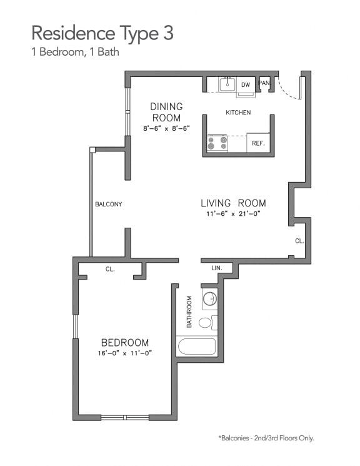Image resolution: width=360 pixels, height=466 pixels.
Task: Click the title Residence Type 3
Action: point(102,32)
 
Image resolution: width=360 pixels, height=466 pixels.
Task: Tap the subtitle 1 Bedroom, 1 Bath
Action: point(75,53)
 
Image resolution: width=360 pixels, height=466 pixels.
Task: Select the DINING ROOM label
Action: point(166,112)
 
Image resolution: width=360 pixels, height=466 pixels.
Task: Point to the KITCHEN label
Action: point(238,113)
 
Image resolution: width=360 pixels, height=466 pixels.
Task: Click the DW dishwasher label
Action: point(246,84)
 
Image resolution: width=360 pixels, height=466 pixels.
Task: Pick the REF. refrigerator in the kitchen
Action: point(258,143)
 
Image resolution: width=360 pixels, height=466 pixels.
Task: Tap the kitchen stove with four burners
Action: point(217,143)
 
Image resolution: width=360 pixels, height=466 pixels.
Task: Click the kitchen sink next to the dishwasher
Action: point(227,84)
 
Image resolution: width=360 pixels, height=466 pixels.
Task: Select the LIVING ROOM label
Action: point(233,203)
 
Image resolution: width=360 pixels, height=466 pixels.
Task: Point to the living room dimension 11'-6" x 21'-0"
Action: point(233,214)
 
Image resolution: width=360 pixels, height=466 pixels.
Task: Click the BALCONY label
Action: point(108,205)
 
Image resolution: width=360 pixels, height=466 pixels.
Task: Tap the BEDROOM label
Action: point(125,342)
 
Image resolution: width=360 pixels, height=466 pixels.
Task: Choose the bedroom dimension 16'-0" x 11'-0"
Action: point(125,353)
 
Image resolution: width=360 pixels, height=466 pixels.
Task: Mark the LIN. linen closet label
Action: point(217,268)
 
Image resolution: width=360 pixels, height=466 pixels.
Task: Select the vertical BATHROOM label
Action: point(189,312)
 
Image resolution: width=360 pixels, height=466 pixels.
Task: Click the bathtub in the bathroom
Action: point(196,346)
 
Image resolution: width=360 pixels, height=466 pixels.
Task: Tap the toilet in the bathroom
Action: point(206,323)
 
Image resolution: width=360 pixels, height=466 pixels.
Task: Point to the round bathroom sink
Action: point(210,299)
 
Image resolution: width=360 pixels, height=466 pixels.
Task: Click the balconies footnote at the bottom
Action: point(266,438)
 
